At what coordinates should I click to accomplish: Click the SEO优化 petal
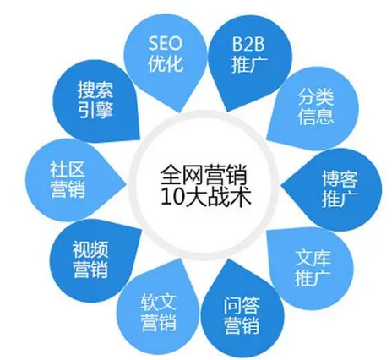click(166, 61)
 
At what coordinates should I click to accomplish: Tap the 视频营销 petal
click(91, 260)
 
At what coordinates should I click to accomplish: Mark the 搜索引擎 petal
click(95, 101)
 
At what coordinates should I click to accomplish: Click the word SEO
click(166, 44)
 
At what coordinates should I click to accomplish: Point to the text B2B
click(248, 44)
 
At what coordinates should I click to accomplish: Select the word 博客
click(340, 178)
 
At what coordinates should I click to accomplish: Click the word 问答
click(242, 306)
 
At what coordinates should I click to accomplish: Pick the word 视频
click(90, 250)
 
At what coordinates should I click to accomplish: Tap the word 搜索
click(95, 90)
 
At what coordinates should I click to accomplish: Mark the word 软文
click(159, 303)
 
